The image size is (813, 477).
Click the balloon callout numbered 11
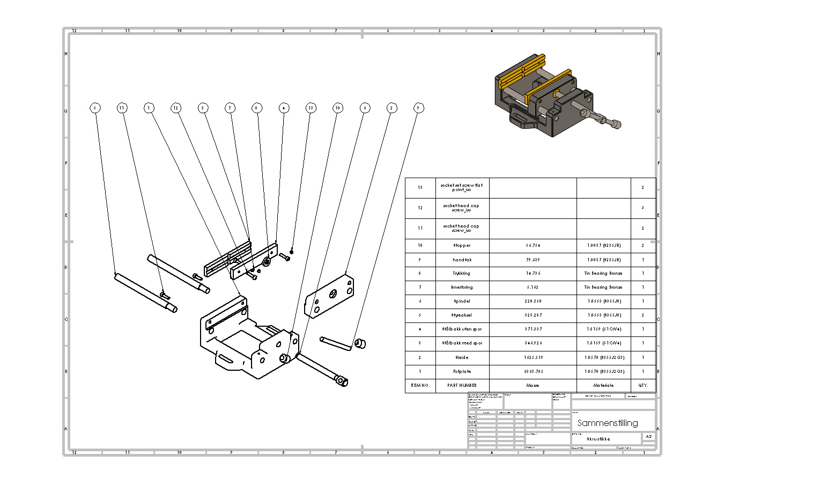click(122, 108)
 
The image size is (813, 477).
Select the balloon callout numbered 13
click(311, 108)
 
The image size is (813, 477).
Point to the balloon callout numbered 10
click(337, 108)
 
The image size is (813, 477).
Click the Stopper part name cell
click(462, 246)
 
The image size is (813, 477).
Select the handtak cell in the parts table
click(462, 260)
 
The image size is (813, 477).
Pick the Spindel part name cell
click(462, 302)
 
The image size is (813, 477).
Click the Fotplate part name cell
click(462, 371)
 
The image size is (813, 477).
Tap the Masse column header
click(533, 385)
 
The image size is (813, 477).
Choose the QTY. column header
click(643, 385)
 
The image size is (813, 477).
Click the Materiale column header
click(603, 385)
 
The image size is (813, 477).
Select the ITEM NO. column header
click(420, 385)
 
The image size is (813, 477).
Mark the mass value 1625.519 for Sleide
click(533, 357)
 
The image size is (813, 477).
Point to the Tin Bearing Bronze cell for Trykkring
click(603, 274)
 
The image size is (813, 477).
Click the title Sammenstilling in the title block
click(608, 423)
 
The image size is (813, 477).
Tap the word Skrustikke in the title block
click(598, 439)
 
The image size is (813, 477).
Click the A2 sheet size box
click(648, 437)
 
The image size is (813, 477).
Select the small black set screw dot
click(292, 251)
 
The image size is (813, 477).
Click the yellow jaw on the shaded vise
click(547, 86)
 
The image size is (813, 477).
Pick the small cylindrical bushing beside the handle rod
click(360, 343)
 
